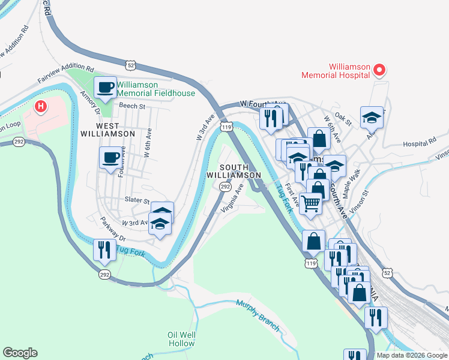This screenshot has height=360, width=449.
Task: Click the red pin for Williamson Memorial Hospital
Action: tap(379, 71)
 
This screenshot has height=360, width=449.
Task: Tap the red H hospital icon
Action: tap(40, 107)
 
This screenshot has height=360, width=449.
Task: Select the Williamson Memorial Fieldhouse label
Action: tap(156, 89)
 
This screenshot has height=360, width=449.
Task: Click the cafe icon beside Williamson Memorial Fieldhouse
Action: tap(106, 88)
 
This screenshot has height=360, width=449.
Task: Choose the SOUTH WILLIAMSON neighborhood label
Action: tap(234, 170)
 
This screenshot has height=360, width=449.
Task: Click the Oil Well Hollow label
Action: tap(181, 339)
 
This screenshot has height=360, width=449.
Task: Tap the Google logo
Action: tap(20, 353)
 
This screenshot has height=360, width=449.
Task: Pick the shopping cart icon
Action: tap(310, 203)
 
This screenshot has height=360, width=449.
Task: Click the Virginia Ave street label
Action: tap(232, 199)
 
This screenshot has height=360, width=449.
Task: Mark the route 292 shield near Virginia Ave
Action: tap(224, 187)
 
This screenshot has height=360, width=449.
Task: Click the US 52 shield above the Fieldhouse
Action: tap(131, 64)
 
